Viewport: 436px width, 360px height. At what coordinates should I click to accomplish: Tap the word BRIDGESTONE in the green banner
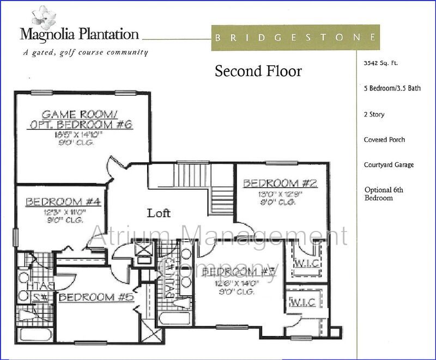click(x=294, y=38)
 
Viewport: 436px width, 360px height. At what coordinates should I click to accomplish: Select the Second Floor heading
click(x=258, y=71)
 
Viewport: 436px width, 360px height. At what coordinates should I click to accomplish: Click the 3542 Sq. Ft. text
click(x=381, y=63)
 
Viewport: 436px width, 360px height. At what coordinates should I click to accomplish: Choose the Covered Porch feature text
click(x=384, y=140)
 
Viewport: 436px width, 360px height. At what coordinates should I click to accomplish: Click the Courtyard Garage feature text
click(x=388, y=165)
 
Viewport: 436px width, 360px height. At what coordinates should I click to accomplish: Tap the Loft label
click(x=159, y=213)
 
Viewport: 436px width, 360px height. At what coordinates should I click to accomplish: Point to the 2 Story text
click(x=374, y=115)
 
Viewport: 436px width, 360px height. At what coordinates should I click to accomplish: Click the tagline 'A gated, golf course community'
click(x=85, y=53)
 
